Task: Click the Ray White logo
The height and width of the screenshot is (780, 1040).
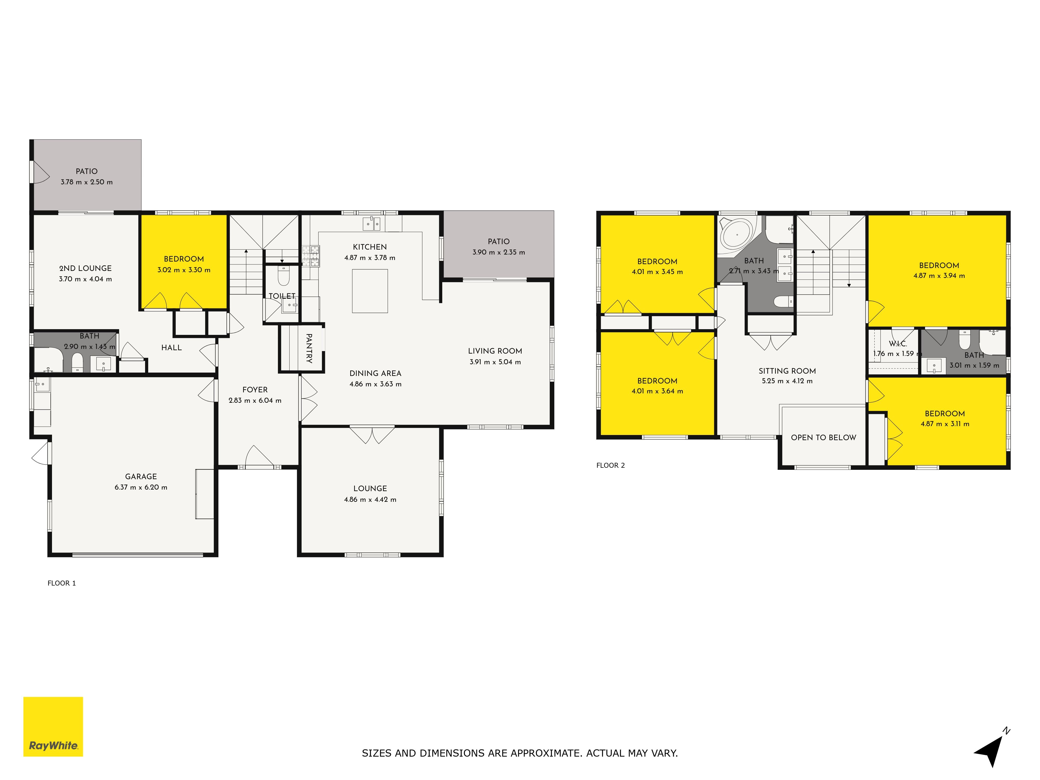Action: point(53,726)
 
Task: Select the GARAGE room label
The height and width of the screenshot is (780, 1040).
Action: point(141,476)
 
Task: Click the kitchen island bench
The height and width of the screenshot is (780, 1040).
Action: point(370,291)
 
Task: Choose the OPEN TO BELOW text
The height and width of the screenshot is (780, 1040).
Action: point(823,437)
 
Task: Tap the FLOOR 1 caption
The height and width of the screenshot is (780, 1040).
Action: point(62,583)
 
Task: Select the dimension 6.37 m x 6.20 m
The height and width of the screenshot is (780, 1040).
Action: point(141,487)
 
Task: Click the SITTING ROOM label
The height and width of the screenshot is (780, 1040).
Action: point(787,371)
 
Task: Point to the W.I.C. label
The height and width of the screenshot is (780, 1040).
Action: point(898,344)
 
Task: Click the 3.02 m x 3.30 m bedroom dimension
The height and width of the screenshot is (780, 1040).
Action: point(184,270)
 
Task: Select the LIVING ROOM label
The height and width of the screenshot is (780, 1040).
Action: point(495,351)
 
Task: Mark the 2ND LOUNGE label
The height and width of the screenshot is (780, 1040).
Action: point(86,268)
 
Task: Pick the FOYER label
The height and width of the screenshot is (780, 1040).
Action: point(255,390)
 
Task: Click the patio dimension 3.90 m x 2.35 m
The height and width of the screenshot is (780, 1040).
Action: point(499,252)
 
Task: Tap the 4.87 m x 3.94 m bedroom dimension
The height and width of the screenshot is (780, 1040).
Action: point(939,276)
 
